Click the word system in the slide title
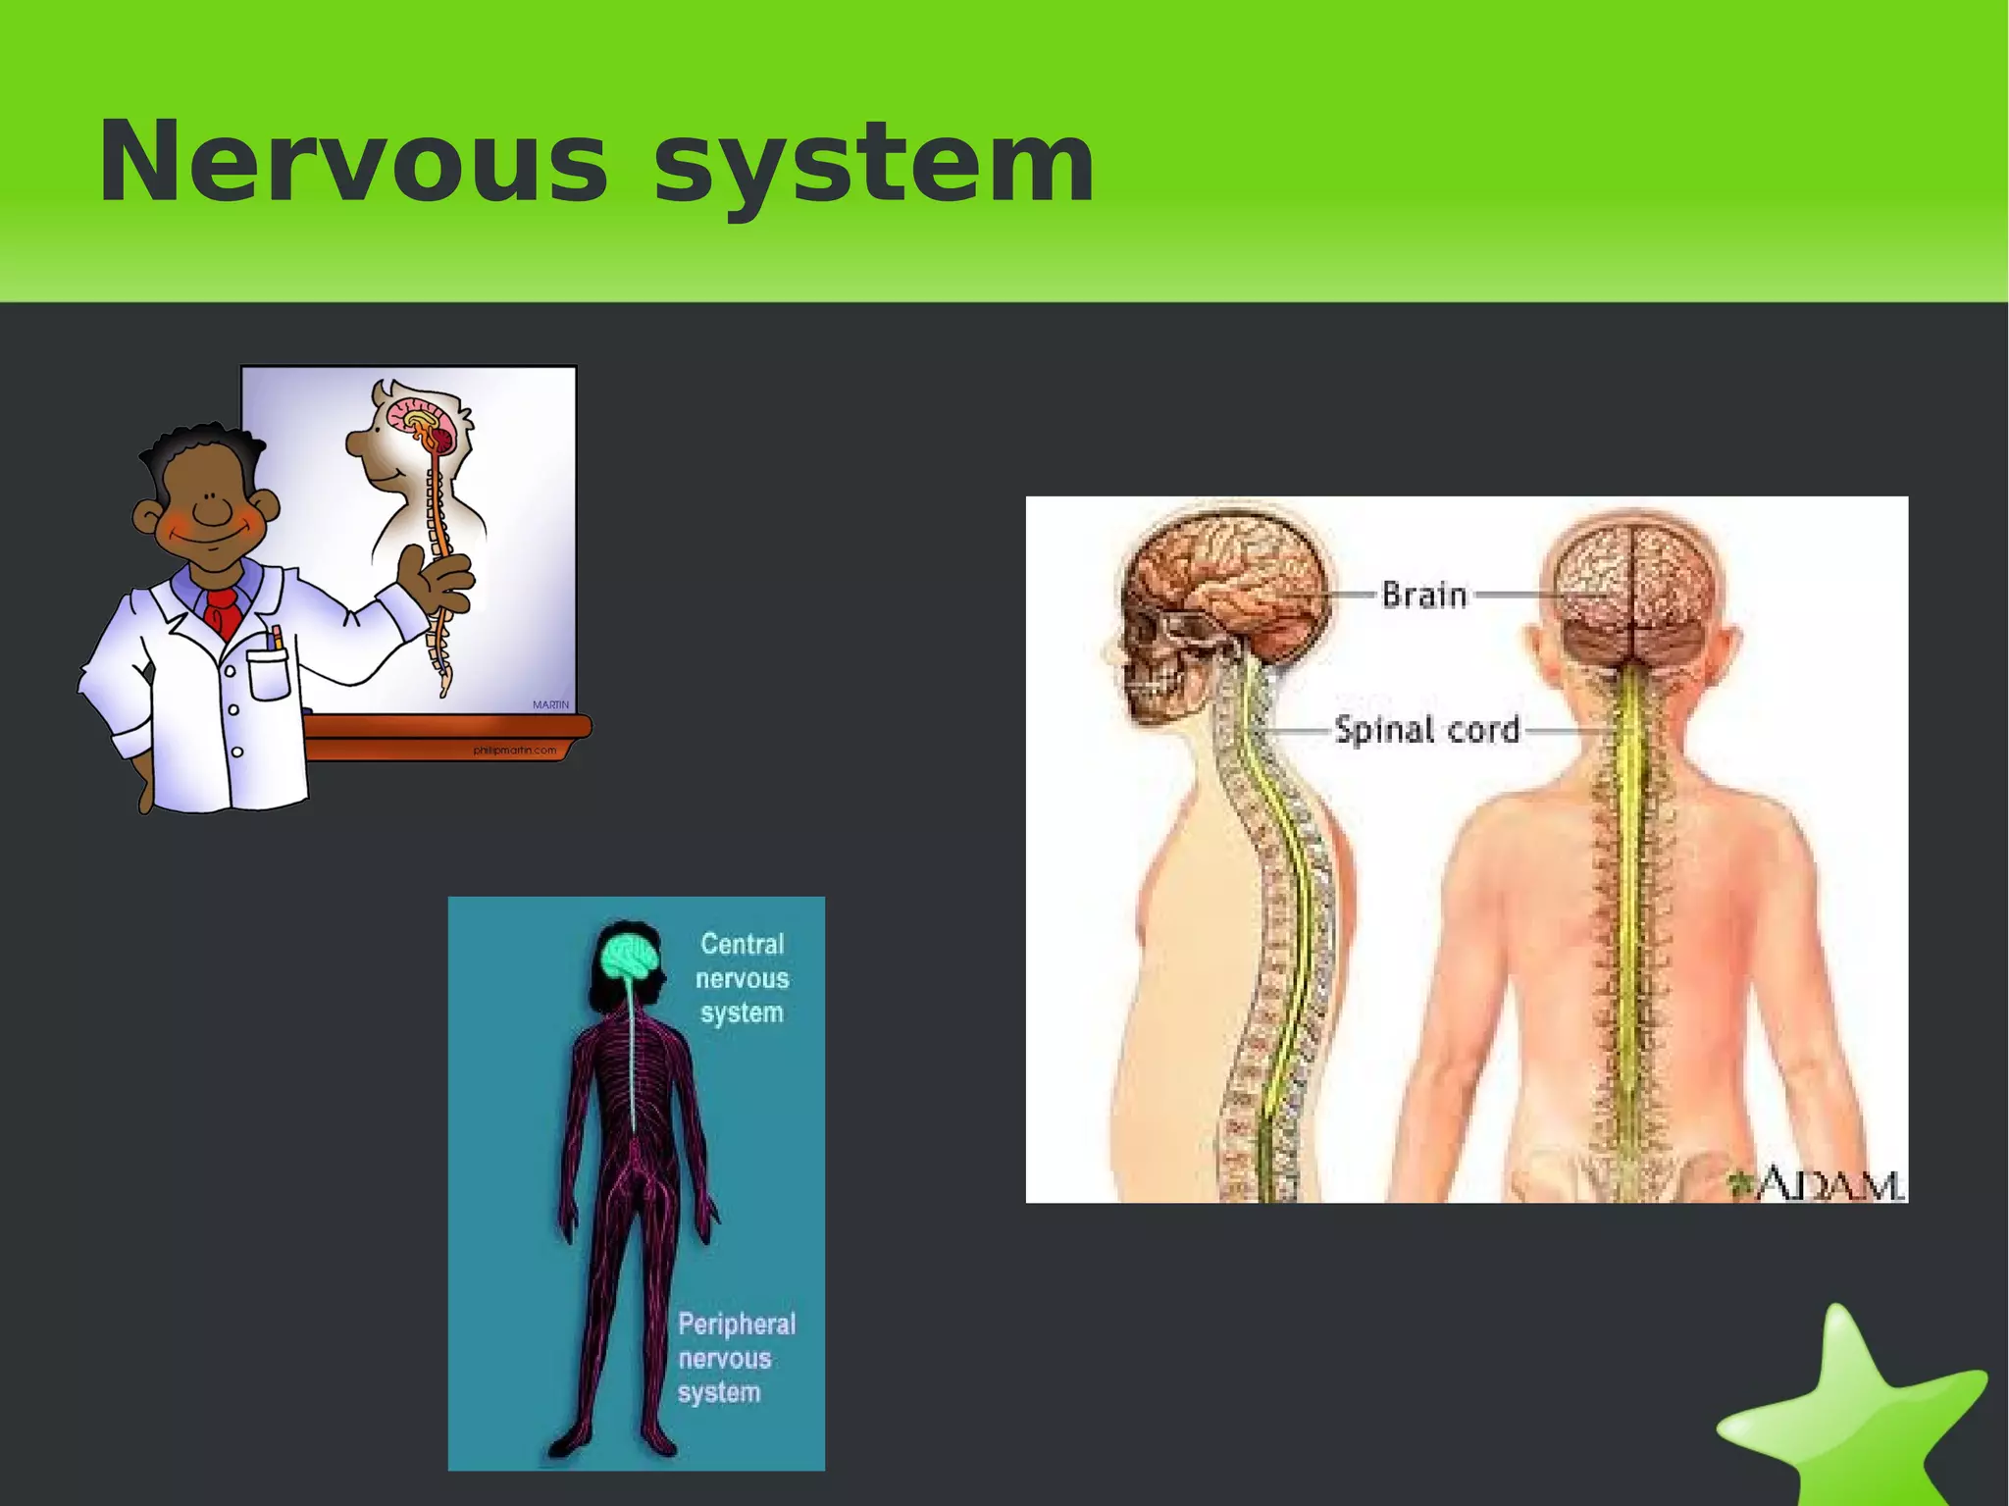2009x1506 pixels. (873, 162)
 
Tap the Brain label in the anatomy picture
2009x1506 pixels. (1423, 595)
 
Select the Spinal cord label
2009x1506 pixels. (1427, 730)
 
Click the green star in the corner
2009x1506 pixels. (1854, 1413)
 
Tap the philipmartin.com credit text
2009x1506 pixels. (514, 751)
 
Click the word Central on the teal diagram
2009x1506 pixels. (742, 944)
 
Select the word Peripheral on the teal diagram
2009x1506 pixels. (737, 1324)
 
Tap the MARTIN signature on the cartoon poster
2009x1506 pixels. (550, 704)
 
